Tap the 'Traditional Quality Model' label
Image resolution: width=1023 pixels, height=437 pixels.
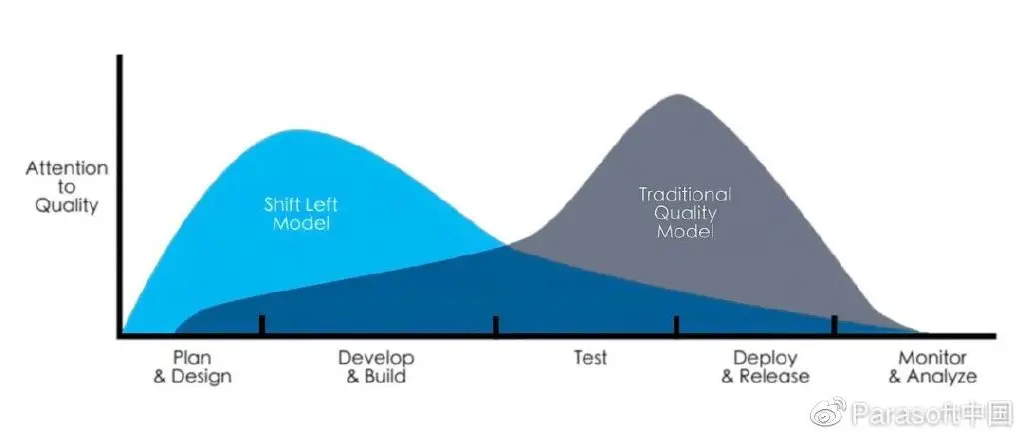[x=684, y=212]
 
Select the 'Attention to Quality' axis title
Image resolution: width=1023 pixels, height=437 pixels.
[x=66, y=187]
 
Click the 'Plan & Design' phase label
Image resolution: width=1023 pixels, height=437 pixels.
[x=192, y=367]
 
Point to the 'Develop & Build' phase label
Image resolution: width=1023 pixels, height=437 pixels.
[x=375, y=367]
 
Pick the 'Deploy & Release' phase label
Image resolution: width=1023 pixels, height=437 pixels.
[x=765, y=367]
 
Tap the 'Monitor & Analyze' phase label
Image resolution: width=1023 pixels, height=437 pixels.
[x=932, y=367]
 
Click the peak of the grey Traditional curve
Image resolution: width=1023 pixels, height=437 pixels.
[x=678, y=96]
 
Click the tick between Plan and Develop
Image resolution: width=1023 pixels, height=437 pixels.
[x=261, y=326]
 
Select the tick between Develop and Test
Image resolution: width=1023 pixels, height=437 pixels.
[x=496, y=326]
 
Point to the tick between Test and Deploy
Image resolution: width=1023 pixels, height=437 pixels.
[x=676, y=326]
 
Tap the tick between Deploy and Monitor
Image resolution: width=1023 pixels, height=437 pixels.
[x=833, y=326]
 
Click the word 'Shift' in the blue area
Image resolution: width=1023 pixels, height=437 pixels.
[x=283, y=204]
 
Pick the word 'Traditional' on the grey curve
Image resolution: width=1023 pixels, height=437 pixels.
[x=684, y=194]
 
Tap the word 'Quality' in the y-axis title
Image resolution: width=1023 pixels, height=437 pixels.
[x=66, y=206]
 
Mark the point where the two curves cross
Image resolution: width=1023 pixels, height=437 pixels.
[x=506, y=245]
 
